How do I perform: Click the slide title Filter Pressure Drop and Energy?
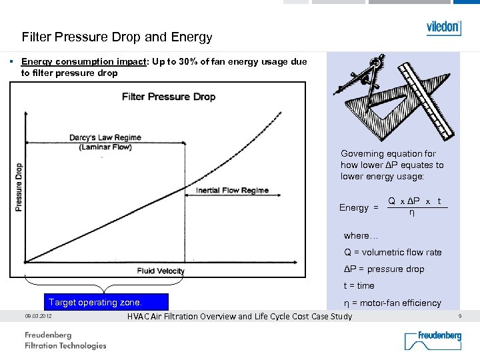[117, 37]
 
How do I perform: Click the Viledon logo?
[443, 27]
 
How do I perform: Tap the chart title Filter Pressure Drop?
[169, 97]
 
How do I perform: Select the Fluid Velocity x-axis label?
[160, 271]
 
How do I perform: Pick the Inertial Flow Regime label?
[232, 191]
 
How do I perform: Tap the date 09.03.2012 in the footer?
[37, 316]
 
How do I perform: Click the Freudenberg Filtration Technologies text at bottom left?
[65, 340]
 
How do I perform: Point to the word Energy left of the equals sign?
[353, 208]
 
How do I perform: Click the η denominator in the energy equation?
[411, 213]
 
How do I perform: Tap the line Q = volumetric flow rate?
[393, 252]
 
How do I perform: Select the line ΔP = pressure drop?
[383, 269]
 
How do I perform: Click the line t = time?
[359, 285]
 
